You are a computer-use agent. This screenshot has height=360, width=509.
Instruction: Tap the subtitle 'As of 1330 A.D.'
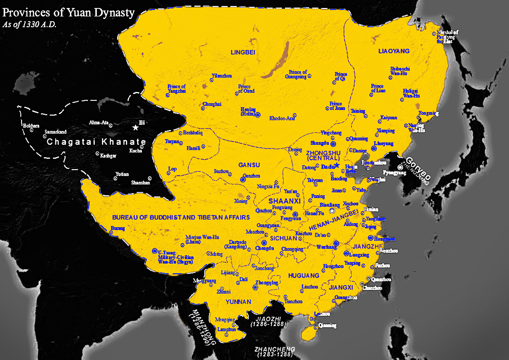click(x=29, y=24)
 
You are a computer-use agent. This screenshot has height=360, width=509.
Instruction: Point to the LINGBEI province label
click(x=243, y=52)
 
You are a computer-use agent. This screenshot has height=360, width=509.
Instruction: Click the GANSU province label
click(x=249, y=165)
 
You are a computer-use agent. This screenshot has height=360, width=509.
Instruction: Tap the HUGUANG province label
click(x=303, y=276)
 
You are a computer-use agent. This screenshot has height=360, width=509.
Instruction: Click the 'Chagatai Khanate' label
click(x=96, y=142)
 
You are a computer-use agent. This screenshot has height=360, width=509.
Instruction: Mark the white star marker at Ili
click(x=136, y=128)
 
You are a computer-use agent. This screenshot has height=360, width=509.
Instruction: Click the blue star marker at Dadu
click(x=337, y=165)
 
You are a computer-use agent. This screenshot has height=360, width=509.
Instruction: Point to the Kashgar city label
click(x=109, y=156)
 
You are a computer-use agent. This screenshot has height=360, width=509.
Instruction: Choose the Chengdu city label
click(x=264, y=248)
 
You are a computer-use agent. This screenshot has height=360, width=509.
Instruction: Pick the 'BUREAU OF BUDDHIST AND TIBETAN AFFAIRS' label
click(x=181, y=218)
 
